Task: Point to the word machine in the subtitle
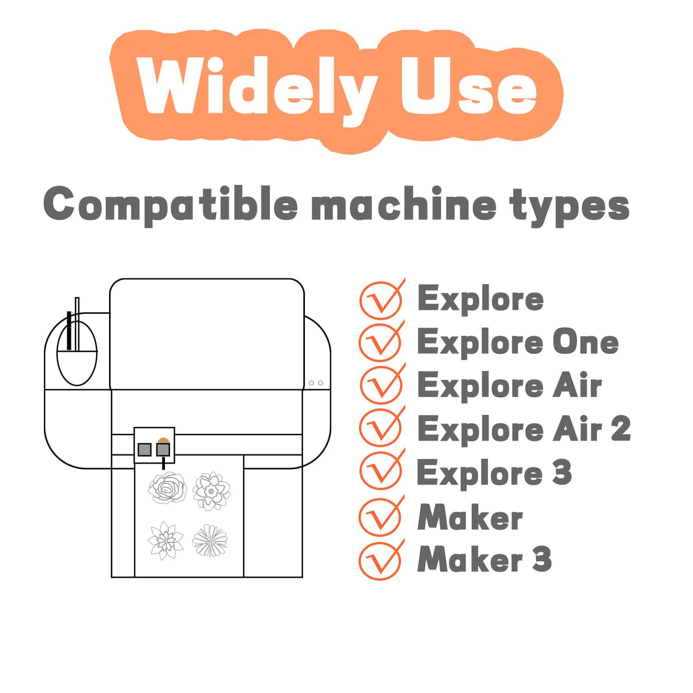(403, 204)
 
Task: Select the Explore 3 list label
(494, 473)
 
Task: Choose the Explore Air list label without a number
(510, 386)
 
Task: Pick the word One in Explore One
(586, 342)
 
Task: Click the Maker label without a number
(470, 517)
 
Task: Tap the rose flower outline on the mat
(168, 487)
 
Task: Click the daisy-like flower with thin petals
(210, 540)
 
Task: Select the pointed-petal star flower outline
(166, 541)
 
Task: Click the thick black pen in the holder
(69, 331)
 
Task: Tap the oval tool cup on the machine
(77, 353)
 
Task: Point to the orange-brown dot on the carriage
(164, 441)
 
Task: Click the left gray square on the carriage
(144, 449)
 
